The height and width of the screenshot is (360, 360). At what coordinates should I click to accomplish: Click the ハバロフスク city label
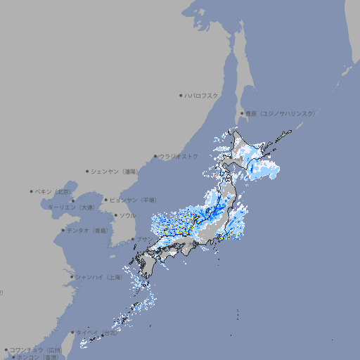coord(202,95)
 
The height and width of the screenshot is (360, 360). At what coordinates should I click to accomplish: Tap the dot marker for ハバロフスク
coord(181,95)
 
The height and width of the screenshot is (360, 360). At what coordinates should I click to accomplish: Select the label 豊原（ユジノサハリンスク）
coord(281,113)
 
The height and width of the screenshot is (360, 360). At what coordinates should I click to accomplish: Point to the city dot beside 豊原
coord(242,113)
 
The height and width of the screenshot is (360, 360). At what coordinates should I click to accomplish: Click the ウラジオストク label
coord(179,156)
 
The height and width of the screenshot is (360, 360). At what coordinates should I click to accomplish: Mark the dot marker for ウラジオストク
coord(155,156)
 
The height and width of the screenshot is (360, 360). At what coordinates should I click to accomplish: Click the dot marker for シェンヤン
coord(88,171)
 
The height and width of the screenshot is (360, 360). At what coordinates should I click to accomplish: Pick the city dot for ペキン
coord(32,191)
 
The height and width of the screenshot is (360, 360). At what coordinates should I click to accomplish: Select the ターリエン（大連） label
coord(71,207)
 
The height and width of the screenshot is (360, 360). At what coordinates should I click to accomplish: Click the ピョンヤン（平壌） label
coord(134,200)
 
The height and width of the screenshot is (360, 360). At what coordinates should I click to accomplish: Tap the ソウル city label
coord(127,215)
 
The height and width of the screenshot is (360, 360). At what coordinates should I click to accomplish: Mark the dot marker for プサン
coord(132,240)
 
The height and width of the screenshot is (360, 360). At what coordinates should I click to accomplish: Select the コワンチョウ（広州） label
coord(36,349)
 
